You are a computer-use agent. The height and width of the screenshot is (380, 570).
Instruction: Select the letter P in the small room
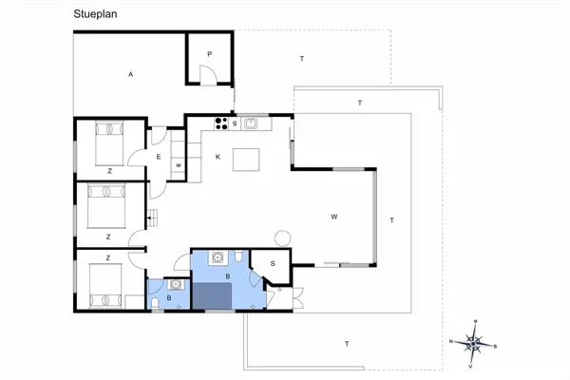(209, 54)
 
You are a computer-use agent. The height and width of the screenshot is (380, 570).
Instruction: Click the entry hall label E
(159, 155)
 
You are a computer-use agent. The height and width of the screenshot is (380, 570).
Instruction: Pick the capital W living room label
(334, 218)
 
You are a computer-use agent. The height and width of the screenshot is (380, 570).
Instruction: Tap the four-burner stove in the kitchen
(222, 122)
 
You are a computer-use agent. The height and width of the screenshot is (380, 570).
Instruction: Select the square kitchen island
(247, 159)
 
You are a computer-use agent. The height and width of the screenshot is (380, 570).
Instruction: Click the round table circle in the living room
(281, 237)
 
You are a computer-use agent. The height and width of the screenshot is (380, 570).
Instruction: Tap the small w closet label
(178, 165)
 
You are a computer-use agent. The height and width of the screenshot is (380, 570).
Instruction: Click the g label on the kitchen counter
(235, 122)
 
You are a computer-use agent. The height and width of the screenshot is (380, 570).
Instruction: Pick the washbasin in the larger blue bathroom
(218, 256)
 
